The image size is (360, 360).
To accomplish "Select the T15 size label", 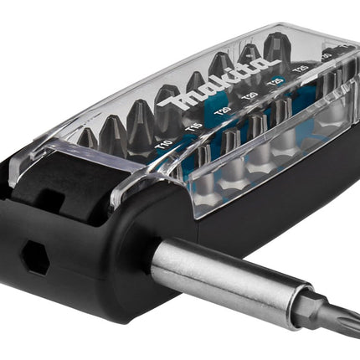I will point(195,125).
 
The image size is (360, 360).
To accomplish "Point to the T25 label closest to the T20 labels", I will point(274,85).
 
